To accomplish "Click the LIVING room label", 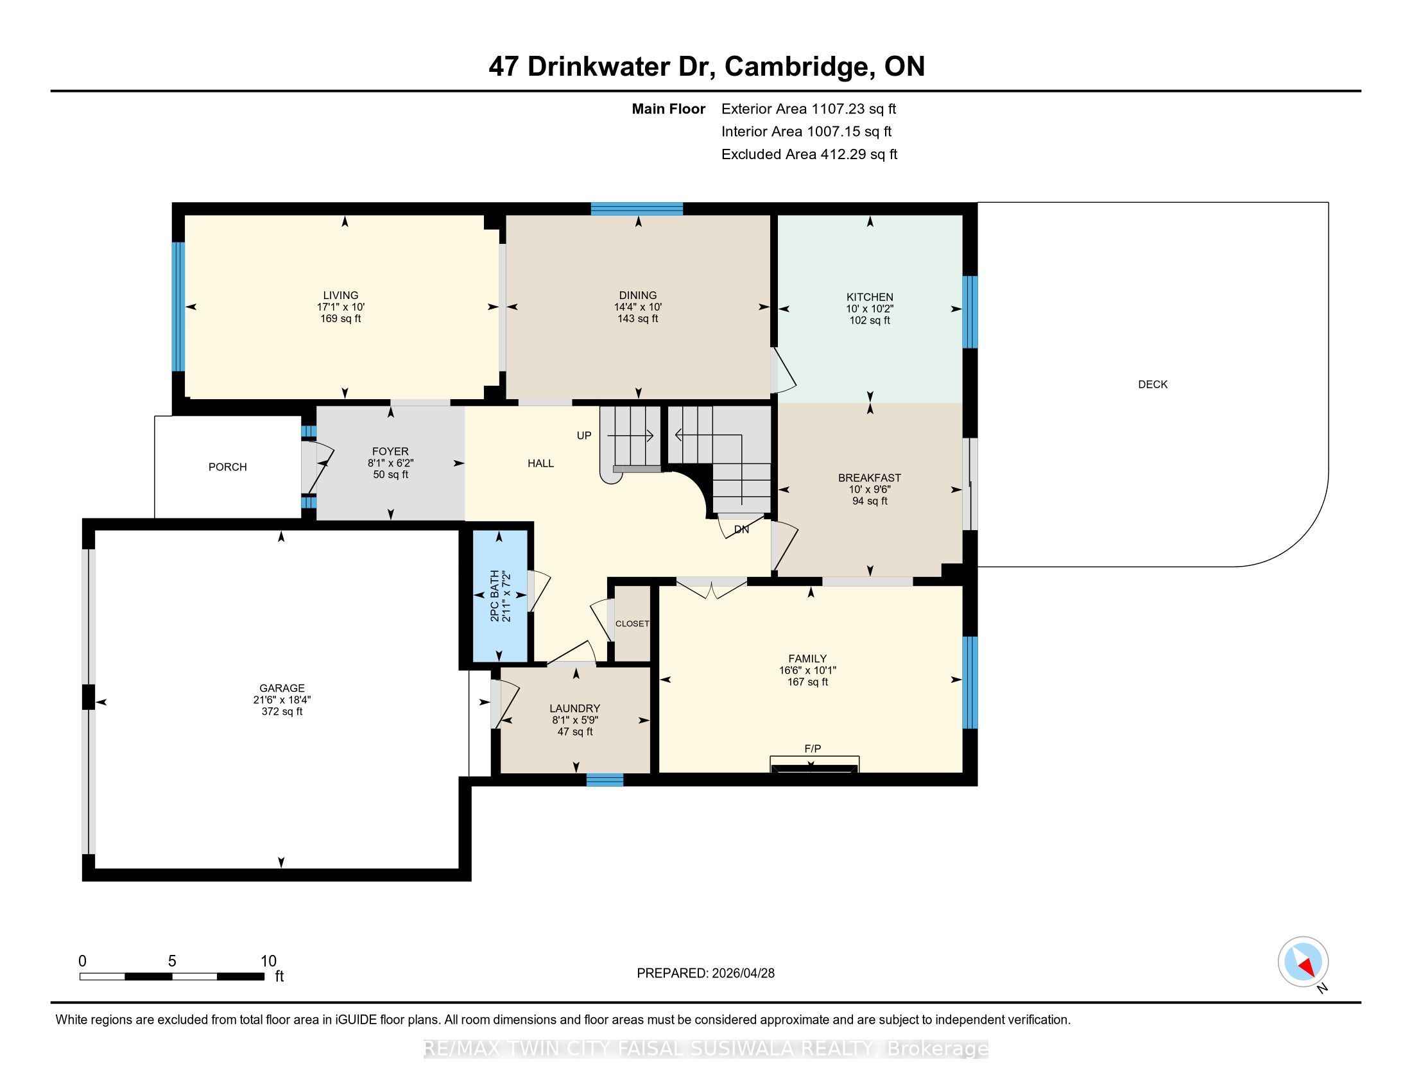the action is click(341, 295).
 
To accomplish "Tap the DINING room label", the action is click(637, 295).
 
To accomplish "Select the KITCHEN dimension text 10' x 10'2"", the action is click(870, 309).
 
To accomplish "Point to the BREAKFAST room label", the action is click(870, 477).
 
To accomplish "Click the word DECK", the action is click(1153, 384).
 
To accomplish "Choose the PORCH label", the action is click(228, 467).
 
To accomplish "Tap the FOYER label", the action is click(390, 451).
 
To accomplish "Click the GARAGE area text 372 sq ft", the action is click(282, 712).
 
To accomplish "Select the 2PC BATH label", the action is click(495, 596).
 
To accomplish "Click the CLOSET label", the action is click(632, 624).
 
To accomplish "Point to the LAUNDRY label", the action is click(575, 709).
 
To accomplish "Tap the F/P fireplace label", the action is click(813, 748).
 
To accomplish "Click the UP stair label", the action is click(584, 436).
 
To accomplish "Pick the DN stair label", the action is click(741, 529).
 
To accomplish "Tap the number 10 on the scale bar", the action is click(268, 961).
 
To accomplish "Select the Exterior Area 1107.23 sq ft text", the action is click(809, 108).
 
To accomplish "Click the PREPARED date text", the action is click(705, 974).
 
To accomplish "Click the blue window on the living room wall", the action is click(178, 306).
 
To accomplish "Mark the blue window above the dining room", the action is click(637, 209).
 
